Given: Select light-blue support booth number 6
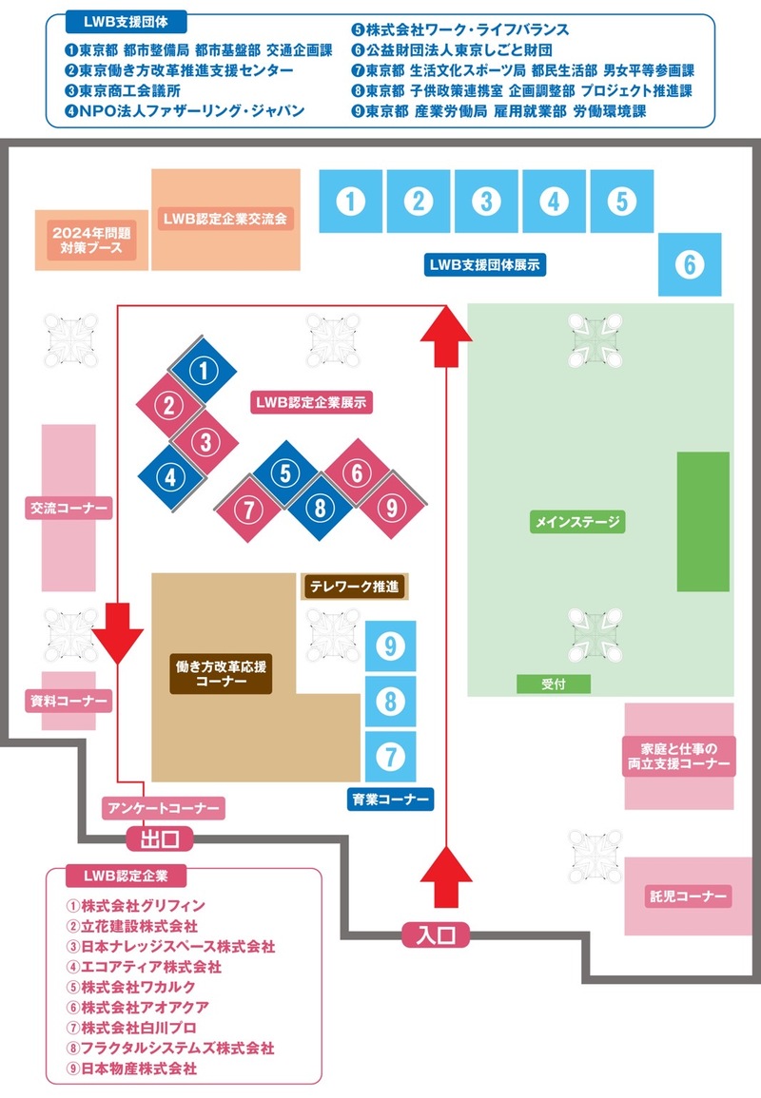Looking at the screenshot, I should pyautogui.click(x=690, y=264).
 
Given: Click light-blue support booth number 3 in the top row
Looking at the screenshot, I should pyautogui.click(x=486, y=202).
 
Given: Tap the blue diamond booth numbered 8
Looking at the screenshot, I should pyautogui.click(x=321, y=508).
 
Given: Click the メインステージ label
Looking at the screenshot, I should pyautogui.click(x=577, y=521).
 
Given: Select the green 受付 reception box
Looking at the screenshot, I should pyautogui.click(x=553, y=684).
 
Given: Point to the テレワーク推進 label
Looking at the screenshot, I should pyautogui.click(x=353, y=587).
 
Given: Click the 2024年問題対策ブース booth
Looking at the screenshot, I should pyautogui.click(x=92, y=240).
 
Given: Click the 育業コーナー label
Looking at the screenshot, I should pyautogui.click(x=390, y=799).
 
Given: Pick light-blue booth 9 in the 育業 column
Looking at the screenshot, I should pyautogui.click(x=390, y=646).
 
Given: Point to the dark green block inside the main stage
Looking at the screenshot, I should pyautogui.click(x=703, y=521).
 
